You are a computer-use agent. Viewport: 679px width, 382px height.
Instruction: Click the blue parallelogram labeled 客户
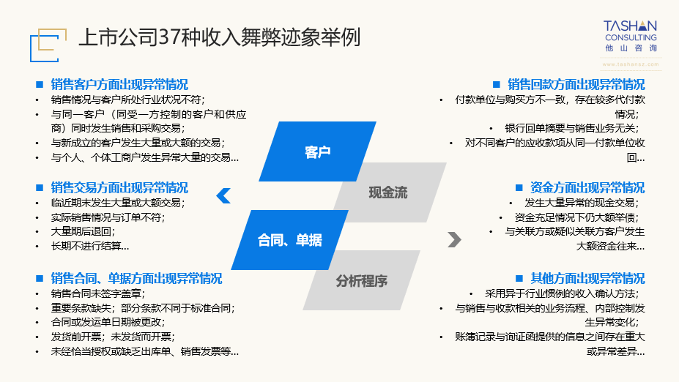[x=317, y=152]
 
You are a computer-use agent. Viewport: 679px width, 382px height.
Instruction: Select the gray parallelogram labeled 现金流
[x=388, y=192]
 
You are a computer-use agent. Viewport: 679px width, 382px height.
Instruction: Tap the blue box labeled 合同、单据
[x=289, y=240]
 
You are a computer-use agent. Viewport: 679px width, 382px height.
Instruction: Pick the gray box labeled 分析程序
[x=362, y=280]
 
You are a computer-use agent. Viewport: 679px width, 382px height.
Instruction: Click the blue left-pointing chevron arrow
[x=223, y=195]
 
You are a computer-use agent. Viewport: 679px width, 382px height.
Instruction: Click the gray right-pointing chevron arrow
[x=454, y=239]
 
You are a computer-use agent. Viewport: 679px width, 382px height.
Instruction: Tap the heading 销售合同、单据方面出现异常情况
[x=136, y=278]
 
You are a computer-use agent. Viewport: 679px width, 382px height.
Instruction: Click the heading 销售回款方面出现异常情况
[x=576, y=84]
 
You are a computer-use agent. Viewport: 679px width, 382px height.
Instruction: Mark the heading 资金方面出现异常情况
[x=587, y=187]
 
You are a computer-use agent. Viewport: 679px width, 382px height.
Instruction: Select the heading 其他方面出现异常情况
[x=587, y=278]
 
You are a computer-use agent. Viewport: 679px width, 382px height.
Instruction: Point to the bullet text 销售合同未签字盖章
[x=95, y=293]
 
